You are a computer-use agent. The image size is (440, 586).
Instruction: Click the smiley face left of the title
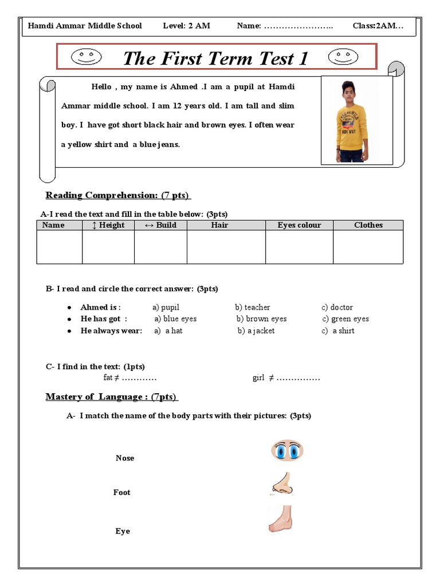[86, 56]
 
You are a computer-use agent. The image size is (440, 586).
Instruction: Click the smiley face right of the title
[342, 56]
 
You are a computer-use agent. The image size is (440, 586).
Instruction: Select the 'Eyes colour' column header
[299, 225]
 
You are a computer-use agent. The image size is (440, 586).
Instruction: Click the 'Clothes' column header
[368, 225]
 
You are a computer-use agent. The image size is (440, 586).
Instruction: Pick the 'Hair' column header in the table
[219, 225]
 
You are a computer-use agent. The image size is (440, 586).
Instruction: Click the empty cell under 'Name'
[60, 247]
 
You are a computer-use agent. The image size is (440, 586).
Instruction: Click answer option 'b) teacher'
[252, 307]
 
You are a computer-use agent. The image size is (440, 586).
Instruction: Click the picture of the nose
[282, 485]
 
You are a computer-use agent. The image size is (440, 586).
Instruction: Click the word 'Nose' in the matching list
[125, 458]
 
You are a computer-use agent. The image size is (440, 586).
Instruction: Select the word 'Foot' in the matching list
[122, 492]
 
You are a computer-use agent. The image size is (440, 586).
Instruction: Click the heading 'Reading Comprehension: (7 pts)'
[117, 195]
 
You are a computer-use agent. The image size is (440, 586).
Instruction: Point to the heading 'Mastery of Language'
[111, 397]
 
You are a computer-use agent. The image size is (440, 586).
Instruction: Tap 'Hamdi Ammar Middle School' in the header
[85, 26]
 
